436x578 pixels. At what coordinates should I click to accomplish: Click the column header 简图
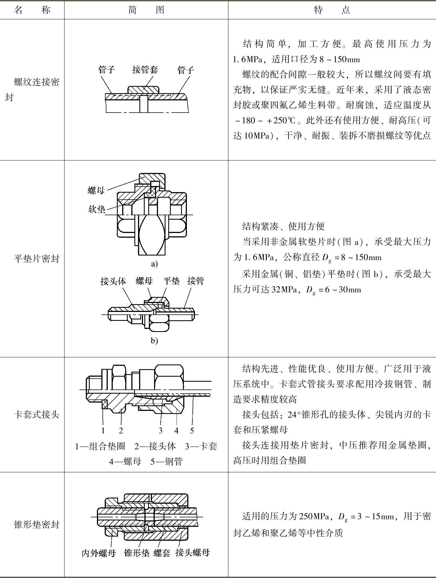pyautogui.click(x=146, y=10)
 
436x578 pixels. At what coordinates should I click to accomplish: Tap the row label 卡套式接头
pyautogui.click(x=37, y=415)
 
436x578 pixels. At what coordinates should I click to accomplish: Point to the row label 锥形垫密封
pyautogui.click(x=37, y=524)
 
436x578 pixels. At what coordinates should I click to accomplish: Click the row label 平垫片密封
pyautogui.click(x=37, y=259)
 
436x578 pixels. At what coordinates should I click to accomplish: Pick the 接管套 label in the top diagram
pyautogui.click(x=145, y=70)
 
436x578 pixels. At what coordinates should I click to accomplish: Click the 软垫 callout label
pyautogui.click(x=97, y=209)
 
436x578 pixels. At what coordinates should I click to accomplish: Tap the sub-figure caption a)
pyautogui.click(x=154, y=264)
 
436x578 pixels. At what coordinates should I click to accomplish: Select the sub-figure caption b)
pyautogui.click(x=154, y=341)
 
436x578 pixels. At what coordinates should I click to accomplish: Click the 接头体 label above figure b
pyautogui.click(x=113, y=281)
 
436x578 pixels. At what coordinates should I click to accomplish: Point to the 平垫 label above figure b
pyautogui.click(x=171, y=281)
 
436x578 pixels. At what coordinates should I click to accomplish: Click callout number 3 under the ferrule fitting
pyautogui.click(x=161, y=431)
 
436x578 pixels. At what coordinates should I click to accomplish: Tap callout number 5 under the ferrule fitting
pyautogui.click(x=192, y=431)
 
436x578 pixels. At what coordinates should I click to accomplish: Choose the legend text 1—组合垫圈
pyautogui.click(x=100, y=446)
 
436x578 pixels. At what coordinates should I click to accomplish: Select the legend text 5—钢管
pyautogui.click(x=166, y=462)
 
